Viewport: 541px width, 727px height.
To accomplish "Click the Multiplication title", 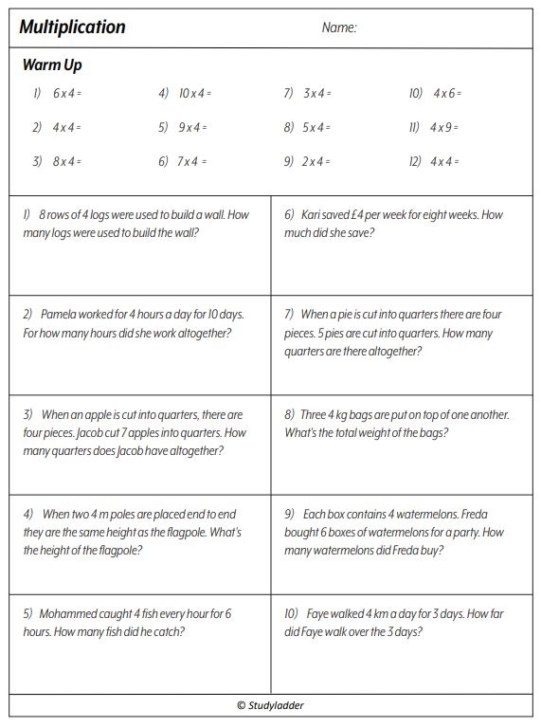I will point(73,27).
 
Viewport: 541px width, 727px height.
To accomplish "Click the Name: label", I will point(339,28).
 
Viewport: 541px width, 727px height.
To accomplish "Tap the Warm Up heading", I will point(52,65).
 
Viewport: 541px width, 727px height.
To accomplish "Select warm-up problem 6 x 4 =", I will point(67,94).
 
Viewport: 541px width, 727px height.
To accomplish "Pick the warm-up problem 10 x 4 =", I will point(194,94).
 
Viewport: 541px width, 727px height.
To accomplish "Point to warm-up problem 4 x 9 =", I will point(444,127).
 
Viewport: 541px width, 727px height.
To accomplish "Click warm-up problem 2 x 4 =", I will point(316,162).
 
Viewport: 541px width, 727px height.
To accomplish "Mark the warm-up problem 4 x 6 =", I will point(446,94).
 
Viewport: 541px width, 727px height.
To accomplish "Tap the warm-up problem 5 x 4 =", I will point(316,127).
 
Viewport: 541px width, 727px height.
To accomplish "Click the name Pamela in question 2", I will point(59,315).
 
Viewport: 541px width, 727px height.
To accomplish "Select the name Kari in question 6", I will point(316,215).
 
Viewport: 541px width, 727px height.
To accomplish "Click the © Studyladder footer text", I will point(271,705).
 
